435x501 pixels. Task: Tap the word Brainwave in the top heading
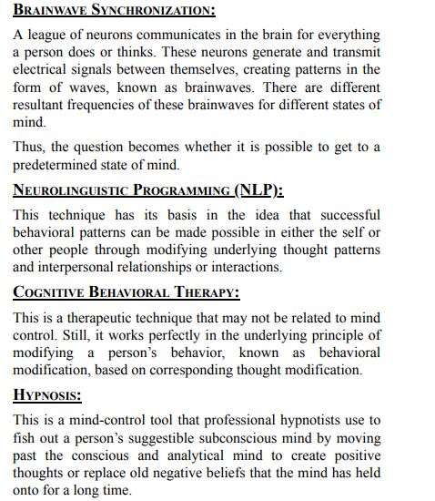50,11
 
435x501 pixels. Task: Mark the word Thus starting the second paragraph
29,147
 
